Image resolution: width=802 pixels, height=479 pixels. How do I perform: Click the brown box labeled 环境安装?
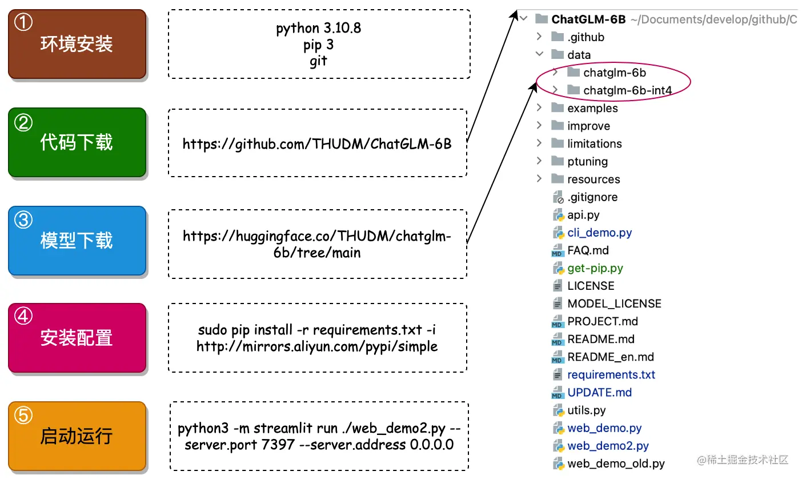(77, 44)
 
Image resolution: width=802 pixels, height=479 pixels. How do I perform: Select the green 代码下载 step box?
(77, 142)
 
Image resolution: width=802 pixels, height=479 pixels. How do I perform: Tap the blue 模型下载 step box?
(77, 241)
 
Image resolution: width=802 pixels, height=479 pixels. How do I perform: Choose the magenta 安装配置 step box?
(77, 338)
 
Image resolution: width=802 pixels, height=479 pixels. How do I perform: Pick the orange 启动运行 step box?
(77, 436)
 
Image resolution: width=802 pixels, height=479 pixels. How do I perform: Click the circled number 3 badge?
(23, 219)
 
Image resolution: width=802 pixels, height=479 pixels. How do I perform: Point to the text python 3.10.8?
(318, 29)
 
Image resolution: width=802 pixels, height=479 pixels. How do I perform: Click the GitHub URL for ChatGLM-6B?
(317, 144)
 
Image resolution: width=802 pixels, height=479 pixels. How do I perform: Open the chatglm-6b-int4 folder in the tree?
(627, 90)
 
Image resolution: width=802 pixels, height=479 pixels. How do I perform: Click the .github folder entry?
(586, 37)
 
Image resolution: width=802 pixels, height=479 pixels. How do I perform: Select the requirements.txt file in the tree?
(611, 374)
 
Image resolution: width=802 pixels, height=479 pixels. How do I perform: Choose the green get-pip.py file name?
(595, 268)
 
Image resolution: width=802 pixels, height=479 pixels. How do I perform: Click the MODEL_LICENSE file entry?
(615, 304)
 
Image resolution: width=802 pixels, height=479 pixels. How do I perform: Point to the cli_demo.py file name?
(600, 233)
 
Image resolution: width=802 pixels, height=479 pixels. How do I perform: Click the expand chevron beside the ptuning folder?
(539, 161)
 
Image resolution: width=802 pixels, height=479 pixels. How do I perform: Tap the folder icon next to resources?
(558, 178)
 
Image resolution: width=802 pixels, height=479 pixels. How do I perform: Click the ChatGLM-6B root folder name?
(588, 19)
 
